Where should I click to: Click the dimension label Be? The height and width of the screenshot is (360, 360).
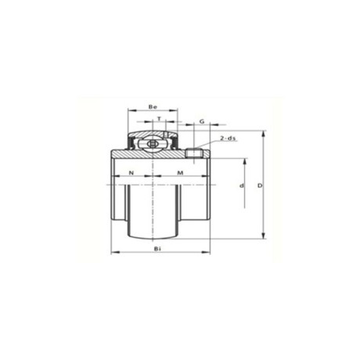pos(153,106)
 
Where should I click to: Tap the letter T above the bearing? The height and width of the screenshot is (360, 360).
pos(159,118)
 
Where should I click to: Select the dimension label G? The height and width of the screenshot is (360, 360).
pos(202,121)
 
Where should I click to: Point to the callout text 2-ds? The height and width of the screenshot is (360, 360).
pos(228,139)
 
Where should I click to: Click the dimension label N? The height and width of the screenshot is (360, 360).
pos(131,172)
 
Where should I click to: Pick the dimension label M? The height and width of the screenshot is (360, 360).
pos(180,172)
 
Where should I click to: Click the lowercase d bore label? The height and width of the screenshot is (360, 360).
pos(242,185)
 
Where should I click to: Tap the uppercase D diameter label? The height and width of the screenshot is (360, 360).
pos(260,185)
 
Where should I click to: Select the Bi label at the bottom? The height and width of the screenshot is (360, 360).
pos(157,249)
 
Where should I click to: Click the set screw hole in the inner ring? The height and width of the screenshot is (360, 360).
pos(194,153)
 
